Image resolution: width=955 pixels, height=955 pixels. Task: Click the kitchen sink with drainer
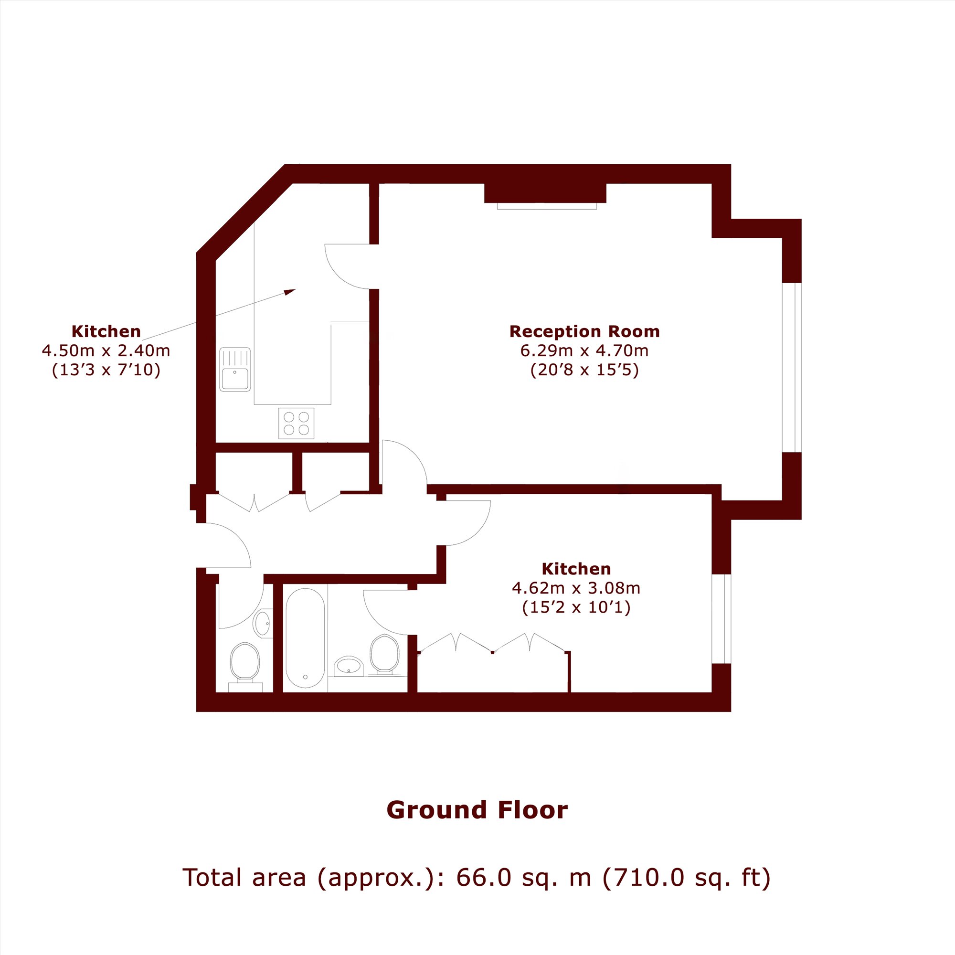pyautogui.click(x=235, y=369)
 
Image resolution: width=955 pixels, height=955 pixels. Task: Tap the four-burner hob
pyautogui.click(x=296, y=423)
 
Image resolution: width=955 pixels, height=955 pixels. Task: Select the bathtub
pyautogui.click(x=305, y=638)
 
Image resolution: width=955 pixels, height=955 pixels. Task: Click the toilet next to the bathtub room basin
pyautogui.click(x=384, y=655)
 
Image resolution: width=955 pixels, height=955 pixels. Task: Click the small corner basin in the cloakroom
pyautogui.click(x=262, y=623)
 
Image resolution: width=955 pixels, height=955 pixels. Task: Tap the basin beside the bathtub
pyautogui.click(x=349, y=666)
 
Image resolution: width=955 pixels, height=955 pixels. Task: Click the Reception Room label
pyautogui.click(x=584, y=331)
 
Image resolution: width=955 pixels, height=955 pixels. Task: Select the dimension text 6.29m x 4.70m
pyautogui.click(x=584, y=350)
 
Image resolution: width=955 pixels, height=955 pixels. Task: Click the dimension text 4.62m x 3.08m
pyautogui.click(x=576, y=588)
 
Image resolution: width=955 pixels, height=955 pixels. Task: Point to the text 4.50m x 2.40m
pyautogui.click(x=106, y=350)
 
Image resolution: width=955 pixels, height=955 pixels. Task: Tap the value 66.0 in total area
pyautogui.click(x=483, y=877)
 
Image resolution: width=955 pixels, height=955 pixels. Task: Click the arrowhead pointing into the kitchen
pyautogui.click(x=290, y=292)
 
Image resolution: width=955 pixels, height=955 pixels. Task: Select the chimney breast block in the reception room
pyautogui.click(x=545, y=193)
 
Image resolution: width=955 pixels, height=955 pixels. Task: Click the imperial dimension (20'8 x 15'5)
pyautogui.click(x=584, y=370)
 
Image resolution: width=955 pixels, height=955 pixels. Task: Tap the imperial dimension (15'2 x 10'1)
pyautogui.click(x=576, y=607)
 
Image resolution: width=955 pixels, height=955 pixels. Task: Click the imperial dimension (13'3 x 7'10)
pyautogui.click(x=106, y=370)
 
